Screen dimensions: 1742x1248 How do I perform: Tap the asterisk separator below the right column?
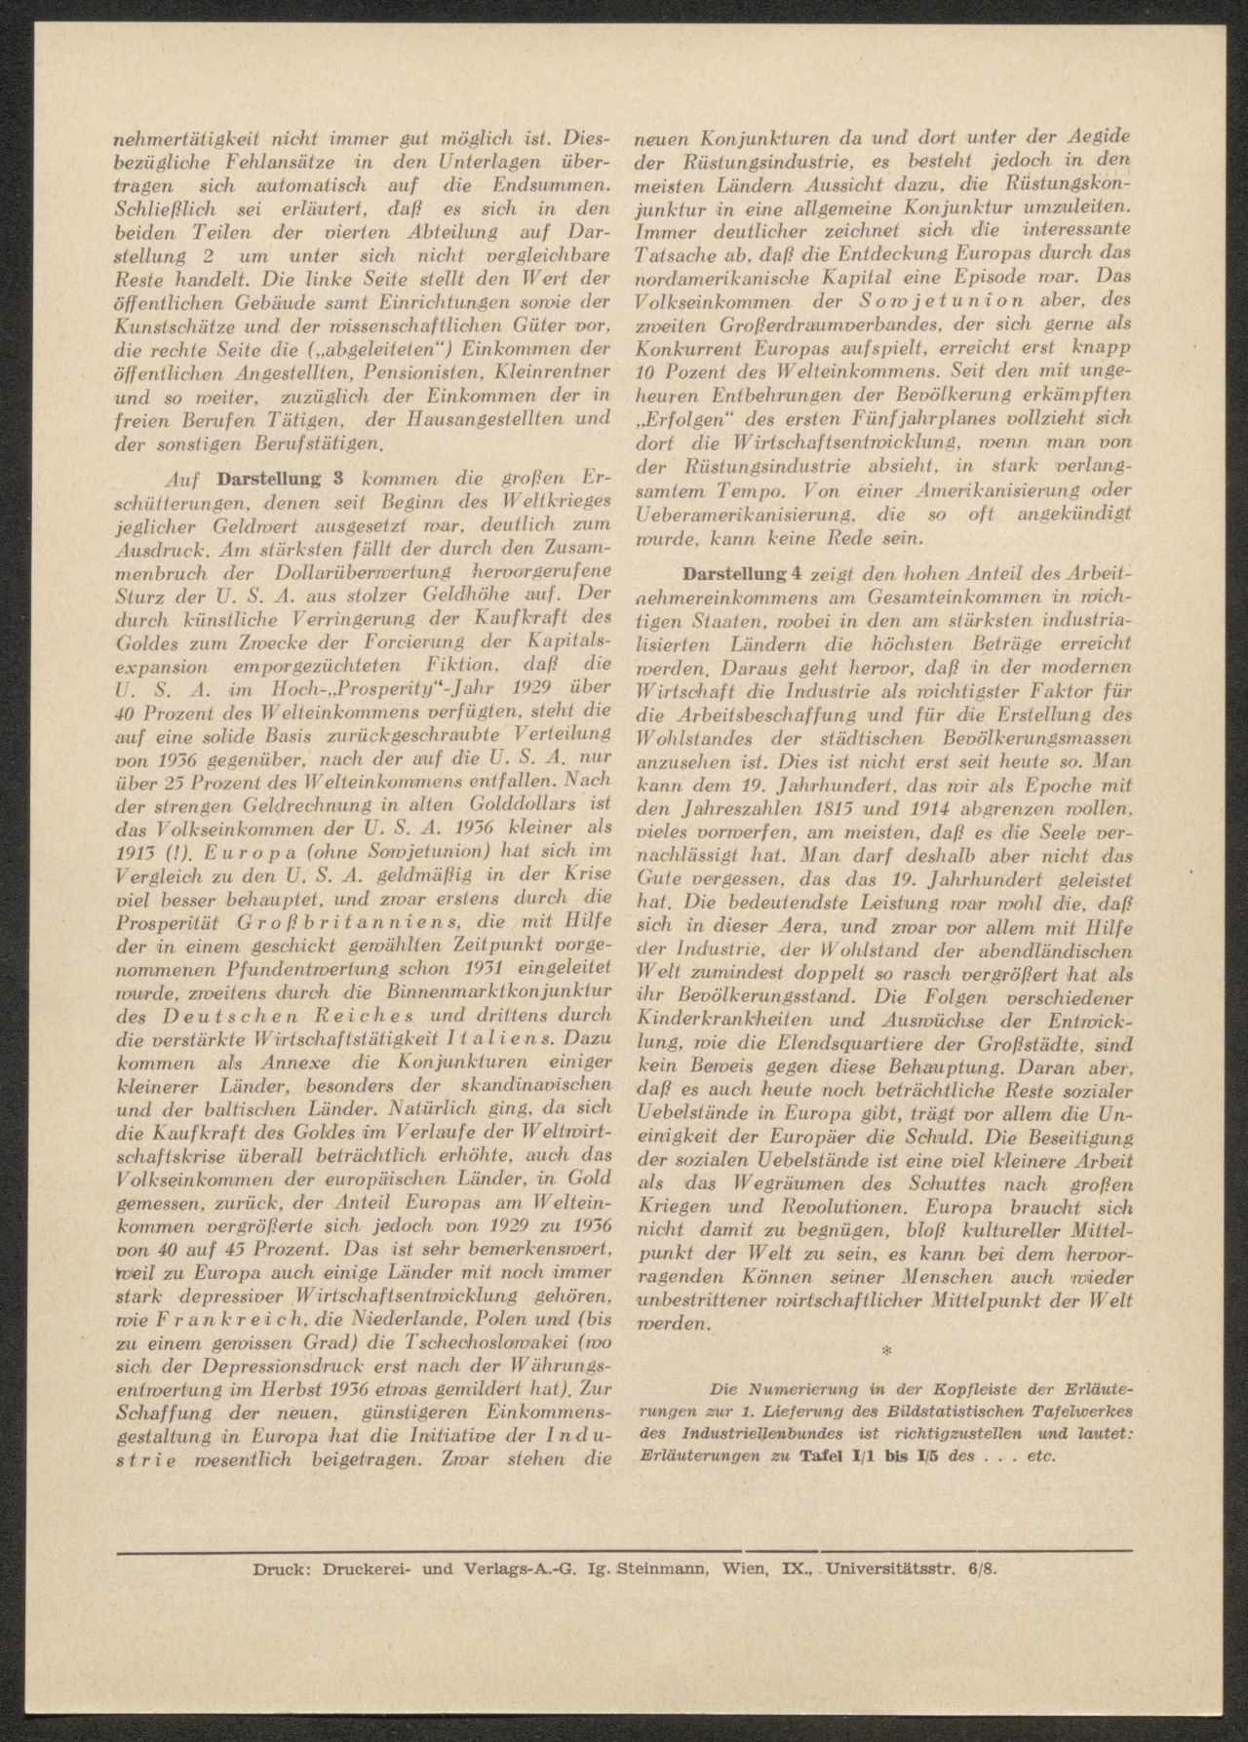click(885, 1350)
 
